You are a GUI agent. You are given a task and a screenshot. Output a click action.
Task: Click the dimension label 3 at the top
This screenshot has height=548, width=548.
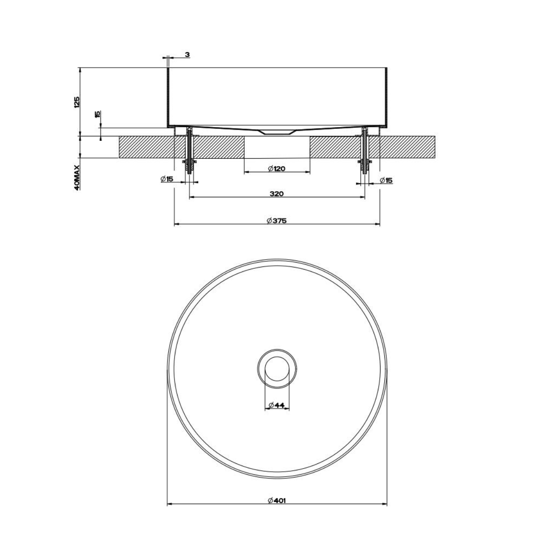pyautogui.click(x=187, y=54)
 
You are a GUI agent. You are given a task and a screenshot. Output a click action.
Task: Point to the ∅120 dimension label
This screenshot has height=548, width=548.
pyautogui.click(x=277, y=169)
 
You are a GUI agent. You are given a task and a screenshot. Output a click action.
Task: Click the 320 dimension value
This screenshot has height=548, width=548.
pyautogui.click(x=277, y=194)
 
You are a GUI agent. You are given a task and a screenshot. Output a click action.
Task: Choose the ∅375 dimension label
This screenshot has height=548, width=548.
pyautogui.click(x=277, y=221)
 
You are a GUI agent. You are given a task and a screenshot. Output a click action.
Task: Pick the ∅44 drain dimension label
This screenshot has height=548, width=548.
pyautogui.click(x=276, y=405)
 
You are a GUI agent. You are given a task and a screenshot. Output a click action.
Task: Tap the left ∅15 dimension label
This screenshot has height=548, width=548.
pyautogui.click(x=167, y=179)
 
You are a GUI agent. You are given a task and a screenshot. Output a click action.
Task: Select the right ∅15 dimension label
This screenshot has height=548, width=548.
pyautogui.click(x=386, y=180)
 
